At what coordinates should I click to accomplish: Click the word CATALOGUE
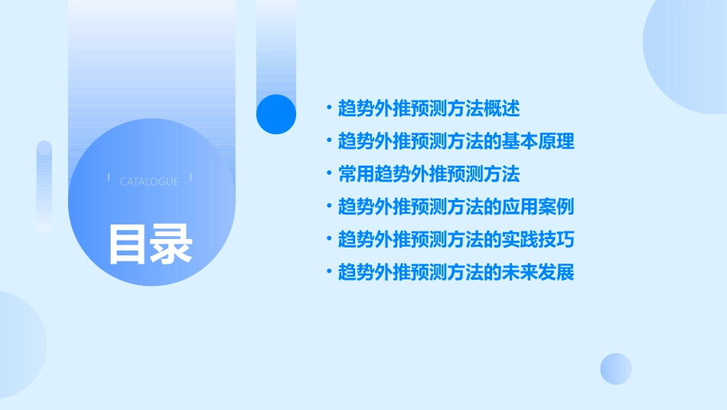tap(149, 182)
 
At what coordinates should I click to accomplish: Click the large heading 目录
tap(150, 244)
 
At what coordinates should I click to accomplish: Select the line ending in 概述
tap(429, 109)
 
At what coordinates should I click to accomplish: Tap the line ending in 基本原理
tap(456, 142)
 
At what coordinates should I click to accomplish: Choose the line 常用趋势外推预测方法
tap(429, 175)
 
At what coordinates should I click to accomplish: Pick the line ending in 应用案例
tap(456, 207)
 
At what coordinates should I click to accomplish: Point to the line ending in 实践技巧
tap(456, 240)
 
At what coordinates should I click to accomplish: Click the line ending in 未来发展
tap(456, 273)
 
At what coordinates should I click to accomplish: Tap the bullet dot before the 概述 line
tap(328, 109)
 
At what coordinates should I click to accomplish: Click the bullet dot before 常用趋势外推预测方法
tap(328, 175)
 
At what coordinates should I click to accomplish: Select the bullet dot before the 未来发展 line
tap(328, 273)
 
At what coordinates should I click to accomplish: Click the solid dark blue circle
tap(275, 114)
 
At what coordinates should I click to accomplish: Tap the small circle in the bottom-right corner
tap(615, 369)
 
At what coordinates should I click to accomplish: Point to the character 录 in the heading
tap(171, 244)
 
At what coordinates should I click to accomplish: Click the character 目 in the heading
tap(128, 244)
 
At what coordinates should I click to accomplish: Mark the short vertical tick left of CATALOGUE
tap(109, 177)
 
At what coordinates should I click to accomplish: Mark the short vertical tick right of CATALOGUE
tap(190, 177)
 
